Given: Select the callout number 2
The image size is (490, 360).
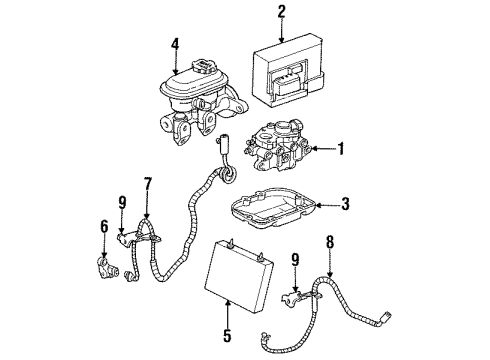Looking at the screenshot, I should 282,12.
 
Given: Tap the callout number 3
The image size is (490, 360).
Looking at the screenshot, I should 346,205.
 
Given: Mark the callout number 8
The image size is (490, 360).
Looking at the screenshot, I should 330,242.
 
